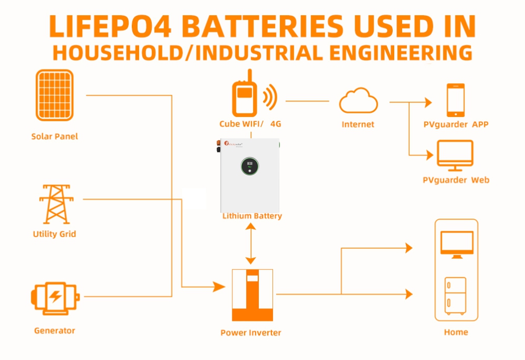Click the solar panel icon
(x=55, y=95)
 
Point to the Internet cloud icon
(x=358, y=101)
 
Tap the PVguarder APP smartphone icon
(x=456, y=100)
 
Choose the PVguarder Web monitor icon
(x=455, y=156)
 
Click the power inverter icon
(x=252, y=295)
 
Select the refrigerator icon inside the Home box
(x=455, y=296)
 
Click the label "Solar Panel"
(x=54, y=137)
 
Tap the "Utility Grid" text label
(x=54, y=234)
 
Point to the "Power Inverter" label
(x=250, y=333)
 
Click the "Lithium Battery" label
(x=252, y=216)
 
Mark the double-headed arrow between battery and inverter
(x=251, y=243)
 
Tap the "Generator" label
(x=54, y=330)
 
